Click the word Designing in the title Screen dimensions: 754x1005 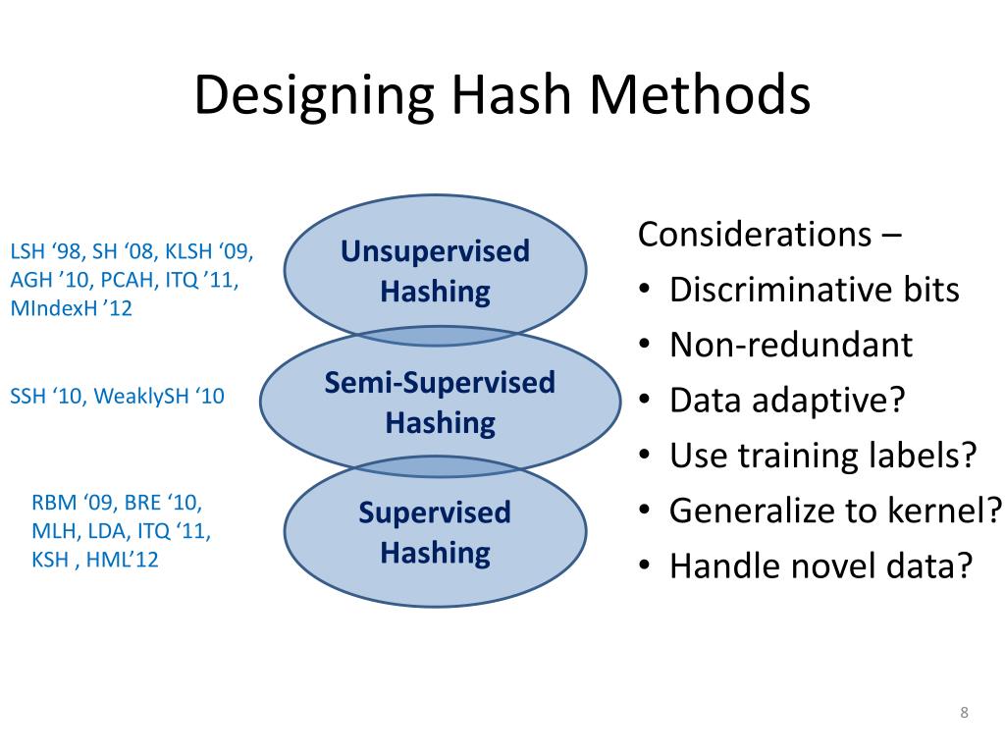pyautogui.click(x=314, y=96)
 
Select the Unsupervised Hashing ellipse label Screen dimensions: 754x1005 pyautogui.click(x=435, y=271)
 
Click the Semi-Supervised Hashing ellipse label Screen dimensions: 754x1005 pyautogui.click(x=440, y=403)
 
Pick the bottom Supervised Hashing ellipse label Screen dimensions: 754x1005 pyautogui.click(x=435, y=533)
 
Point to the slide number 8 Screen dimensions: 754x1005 pyautogui.click(x=964, y=712)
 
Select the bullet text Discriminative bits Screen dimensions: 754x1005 pyautogui.click(x=814, y=290)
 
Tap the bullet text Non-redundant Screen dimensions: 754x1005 pyautogui.click(x=790, y=345)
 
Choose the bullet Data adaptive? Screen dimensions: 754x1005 pyautogui.click(x=786, y=401)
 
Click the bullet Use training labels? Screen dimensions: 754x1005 pyautogui.click(x=823, y=456)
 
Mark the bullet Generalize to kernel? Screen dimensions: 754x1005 pyautogui.click(x=835, y=511)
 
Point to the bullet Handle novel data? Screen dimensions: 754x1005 pyautogui.click(x=820, y=565)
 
